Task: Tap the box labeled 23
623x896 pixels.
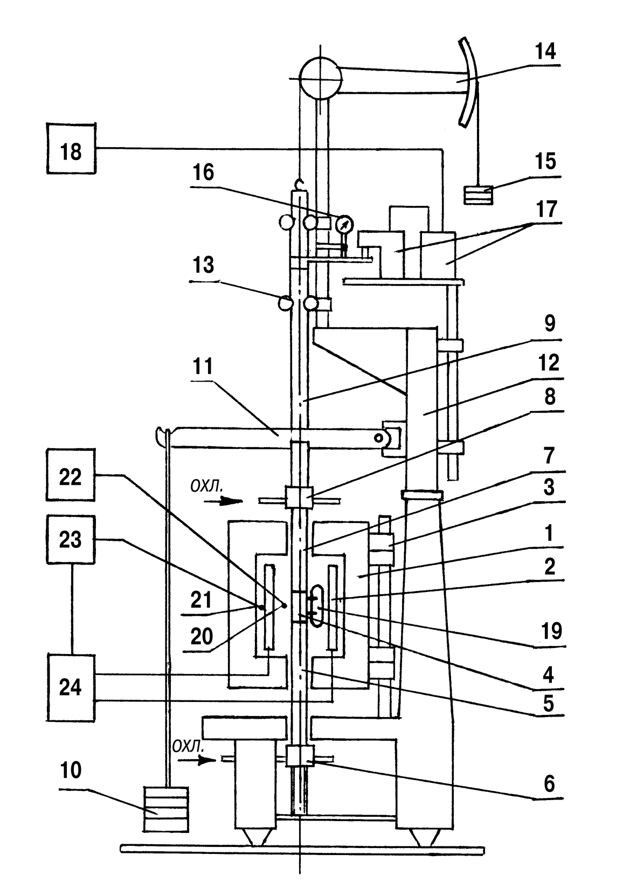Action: pyautogui.click(x=70, y=539)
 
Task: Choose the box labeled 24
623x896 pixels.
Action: pyautogui.click(x=70, y=688)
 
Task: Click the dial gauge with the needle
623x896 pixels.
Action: pyautogui.click(x=343, y=223)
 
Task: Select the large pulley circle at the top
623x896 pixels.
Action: pyautogui.click(x=320, y=79)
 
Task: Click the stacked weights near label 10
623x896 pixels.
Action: pyautogui.click(x=166, y=809)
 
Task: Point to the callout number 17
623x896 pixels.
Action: pyautogui.click(x=546, y=209)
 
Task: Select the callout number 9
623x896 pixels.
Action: pyautogui.click(x=548, y=324)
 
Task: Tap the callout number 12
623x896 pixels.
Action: pyautogui.click(x=548, y=364)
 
